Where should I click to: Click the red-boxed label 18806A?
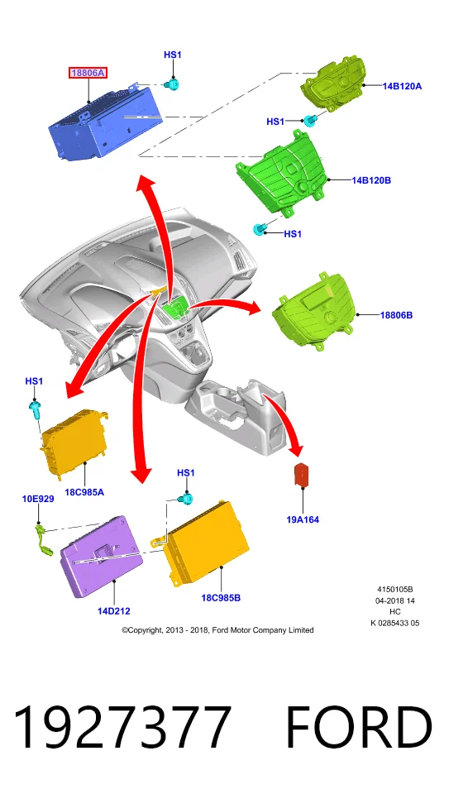(x=88, y=73)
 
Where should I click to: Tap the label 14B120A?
(x=402, y=86)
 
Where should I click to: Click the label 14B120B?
(x=371, y=179)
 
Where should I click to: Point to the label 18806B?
(x=396, y=315)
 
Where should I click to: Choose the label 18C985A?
(x=84, y=491)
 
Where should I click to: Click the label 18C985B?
(x=221, y=597)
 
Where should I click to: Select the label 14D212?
(x=114, y=610)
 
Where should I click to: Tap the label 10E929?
(x=38, y=499)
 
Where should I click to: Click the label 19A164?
(x=303, y=519)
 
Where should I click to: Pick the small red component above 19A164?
(x=303, y=475)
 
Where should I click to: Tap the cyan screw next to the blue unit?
(x=173, y=85)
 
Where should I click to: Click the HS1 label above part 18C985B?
(x=186, y=472)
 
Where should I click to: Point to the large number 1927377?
(x=122, y=727)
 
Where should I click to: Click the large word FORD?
(x=359, y=727)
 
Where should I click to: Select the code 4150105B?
(x=395, y=589)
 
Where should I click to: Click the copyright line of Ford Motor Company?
(x=217, y=630)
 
